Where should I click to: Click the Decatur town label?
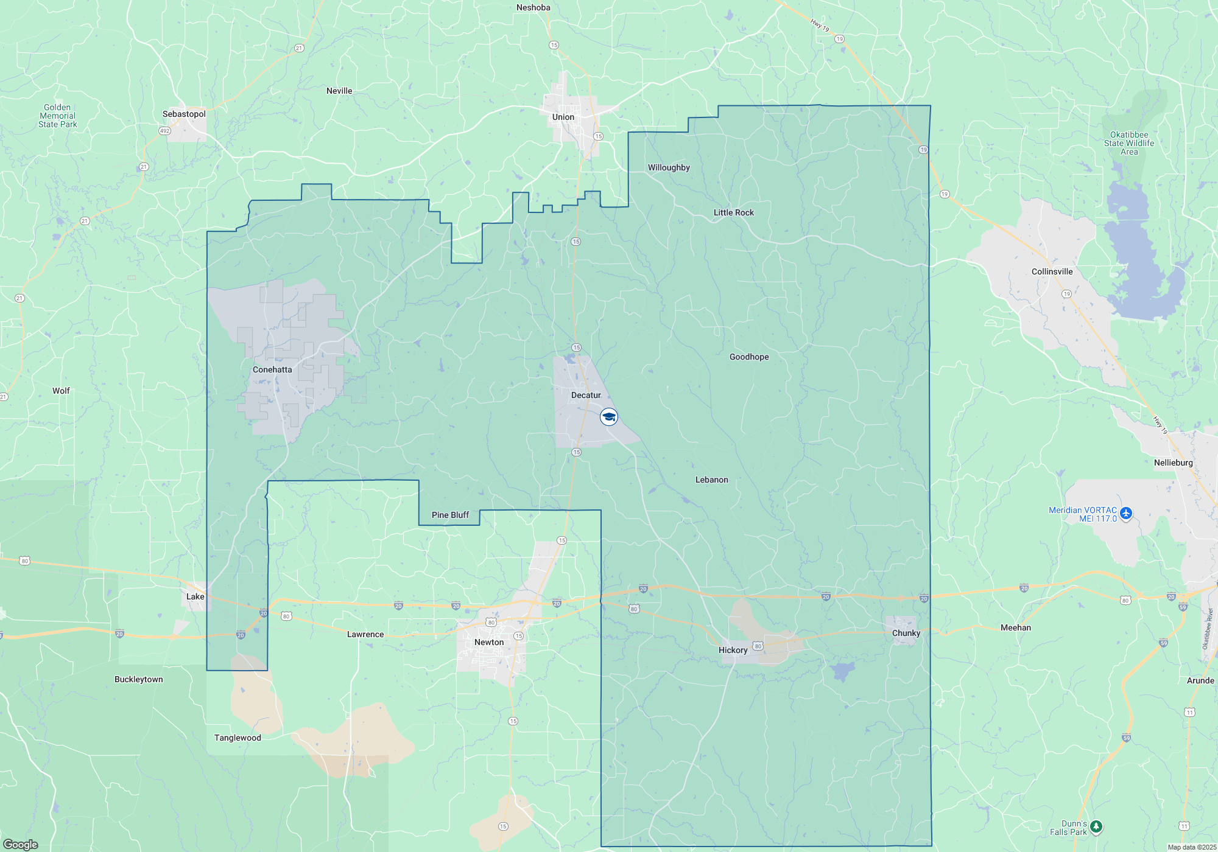pos(586,395)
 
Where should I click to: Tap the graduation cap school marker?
pos(609,417)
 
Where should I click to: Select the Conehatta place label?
pos(272,369)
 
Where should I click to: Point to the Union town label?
pos(563,117)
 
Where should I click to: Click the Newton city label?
pos(489,642)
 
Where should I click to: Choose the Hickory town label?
pos(733,650)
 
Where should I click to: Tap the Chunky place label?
pos(906,633)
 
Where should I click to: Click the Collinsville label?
pos(1052,271)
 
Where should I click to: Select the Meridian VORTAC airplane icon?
pos(1126,514)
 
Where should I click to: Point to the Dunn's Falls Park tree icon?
pos(1096,826)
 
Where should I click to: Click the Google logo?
pos(21,844)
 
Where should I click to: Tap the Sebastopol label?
pos(184,114)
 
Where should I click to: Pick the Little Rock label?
pos(734,212)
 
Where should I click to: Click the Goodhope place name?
pos(749,357)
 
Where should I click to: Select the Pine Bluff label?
pos(450,515)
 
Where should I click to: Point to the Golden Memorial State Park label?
pos(58,116)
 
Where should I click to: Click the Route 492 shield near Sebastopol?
pos(164,131)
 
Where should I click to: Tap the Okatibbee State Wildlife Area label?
pos(1129,143)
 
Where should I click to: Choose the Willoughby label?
pos(669,167)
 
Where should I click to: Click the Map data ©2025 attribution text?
pos(1192,847)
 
